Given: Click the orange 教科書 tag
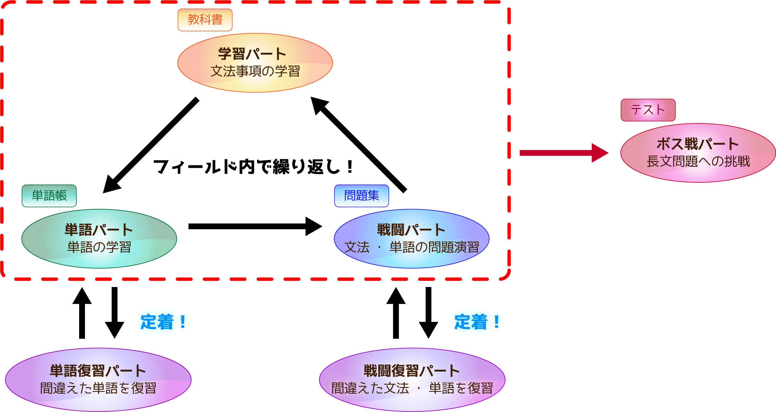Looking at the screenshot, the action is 205,20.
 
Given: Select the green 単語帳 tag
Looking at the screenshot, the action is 49,195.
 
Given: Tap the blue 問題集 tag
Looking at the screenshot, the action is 361,195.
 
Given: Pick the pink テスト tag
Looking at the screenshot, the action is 648,110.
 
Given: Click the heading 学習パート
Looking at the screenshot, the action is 252,54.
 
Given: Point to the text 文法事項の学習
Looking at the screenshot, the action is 255,71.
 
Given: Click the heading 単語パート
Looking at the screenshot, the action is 99,230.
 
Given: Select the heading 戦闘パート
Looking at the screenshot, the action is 411,230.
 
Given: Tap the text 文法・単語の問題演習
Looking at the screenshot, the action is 412,247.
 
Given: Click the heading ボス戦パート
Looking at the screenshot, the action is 698,144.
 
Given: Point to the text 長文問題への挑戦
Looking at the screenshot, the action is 698,161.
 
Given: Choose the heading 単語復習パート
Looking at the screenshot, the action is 98,371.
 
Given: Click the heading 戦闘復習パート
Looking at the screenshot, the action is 412,371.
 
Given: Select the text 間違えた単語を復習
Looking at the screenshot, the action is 98,388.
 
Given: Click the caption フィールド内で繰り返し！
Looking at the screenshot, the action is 254,167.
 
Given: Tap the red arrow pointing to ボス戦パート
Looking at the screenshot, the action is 564,153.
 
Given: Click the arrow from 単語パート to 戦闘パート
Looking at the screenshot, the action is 255,226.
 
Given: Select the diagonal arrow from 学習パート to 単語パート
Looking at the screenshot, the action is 151,145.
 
